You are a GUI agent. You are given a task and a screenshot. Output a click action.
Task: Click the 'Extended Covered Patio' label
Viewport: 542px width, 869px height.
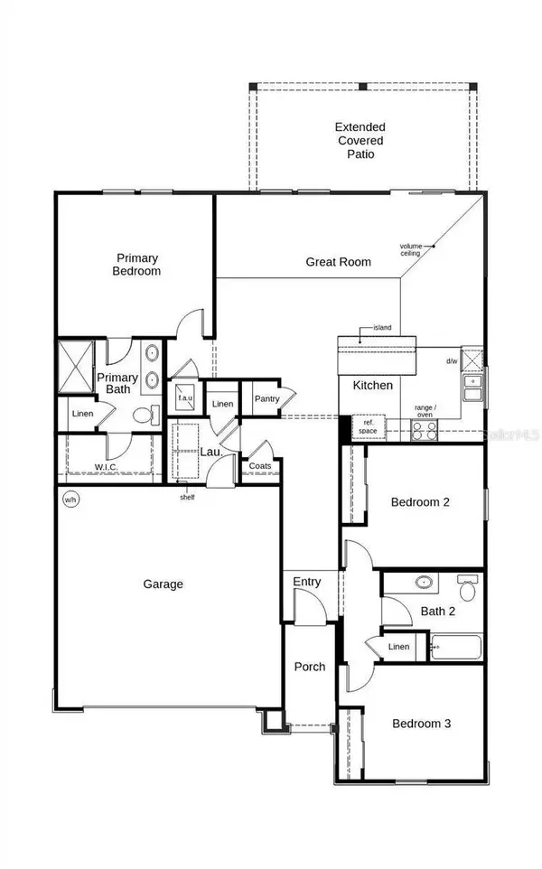[x=360, y=141]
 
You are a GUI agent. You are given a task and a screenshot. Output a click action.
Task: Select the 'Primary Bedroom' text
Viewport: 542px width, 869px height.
[x=136, y=264]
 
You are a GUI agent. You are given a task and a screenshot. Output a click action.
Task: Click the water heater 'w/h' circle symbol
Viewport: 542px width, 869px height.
[x=70, y=498]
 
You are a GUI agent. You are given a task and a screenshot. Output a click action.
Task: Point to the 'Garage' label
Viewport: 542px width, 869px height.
[x=163, y=584]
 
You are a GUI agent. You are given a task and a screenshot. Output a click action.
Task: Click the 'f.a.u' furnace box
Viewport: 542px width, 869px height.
[x=185, y=397]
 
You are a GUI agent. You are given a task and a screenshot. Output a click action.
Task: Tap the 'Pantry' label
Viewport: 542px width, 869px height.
[x=266, y=398]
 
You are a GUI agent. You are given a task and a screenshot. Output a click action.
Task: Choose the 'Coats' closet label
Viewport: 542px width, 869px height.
[x=260, y=466]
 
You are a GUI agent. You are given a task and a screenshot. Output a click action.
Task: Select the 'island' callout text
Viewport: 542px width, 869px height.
[x=382, y=328]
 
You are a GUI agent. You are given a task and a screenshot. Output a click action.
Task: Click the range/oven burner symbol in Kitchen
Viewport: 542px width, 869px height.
[x=425, y=431]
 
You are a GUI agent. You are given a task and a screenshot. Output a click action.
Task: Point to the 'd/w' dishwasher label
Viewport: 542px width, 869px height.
[x=451, y=361]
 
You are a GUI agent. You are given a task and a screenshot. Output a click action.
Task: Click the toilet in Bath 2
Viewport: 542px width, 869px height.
[x=468, y=589]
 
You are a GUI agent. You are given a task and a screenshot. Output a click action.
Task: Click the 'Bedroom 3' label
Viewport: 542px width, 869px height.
[x=421, y=724]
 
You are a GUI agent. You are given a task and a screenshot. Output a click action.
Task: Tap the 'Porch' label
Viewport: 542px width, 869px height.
[x=310, y=667]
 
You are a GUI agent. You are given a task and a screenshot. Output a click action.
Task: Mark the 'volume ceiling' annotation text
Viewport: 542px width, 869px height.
[x=412, y=249]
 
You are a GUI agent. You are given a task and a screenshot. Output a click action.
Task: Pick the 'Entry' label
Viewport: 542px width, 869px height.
[x=306, y=583]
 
